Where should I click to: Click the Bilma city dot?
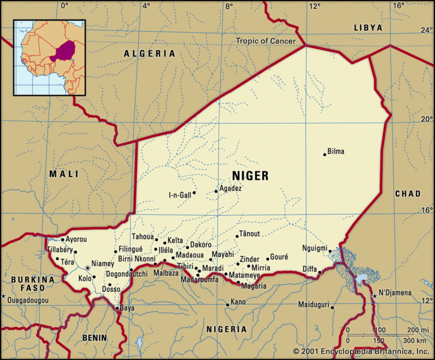pos(325,154)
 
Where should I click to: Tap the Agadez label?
pos(231,188)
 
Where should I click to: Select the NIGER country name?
pos(250,175)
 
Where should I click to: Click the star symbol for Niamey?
pos(87,268)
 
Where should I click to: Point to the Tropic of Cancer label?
pos(266,41)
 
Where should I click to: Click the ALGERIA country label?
pos(150,53)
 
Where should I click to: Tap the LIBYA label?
pos(368,27)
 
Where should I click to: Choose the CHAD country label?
pos(408,194)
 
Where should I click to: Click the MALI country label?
pos(63,174)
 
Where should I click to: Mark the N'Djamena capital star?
pos(374,295)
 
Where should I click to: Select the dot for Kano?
pos(227,305)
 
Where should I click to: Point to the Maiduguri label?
pos(313,305)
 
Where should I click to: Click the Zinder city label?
pos(249,259)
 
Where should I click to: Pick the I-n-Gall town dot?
pos(194,192)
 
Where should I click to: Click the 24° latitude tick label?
pos(425,30)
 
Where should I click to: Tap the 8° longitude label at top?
pos(229,6)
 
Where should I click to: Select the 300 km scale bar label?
pos(415,340)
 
